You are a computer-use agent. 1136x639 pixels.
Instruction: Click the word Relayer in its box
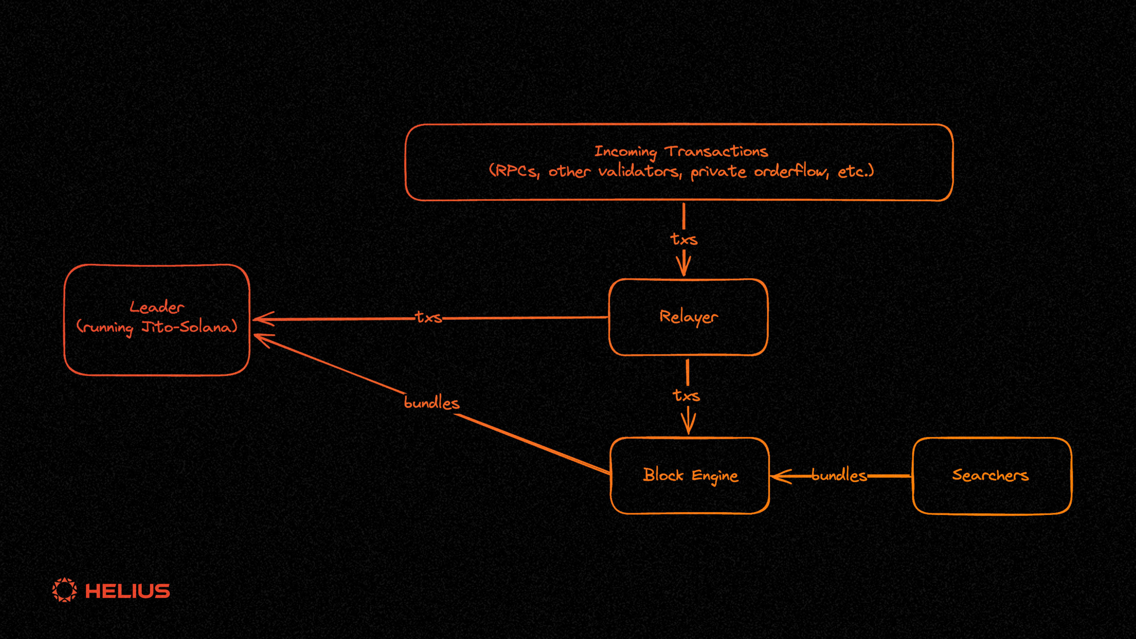(688, 317)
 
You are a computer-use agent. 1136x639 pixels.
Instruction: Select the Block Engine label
(690, 475)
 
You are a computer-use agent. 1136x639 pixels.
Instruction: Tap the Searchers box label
(990, 475)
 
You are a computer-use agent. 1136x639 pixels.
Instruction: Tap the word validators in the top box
(639, 171)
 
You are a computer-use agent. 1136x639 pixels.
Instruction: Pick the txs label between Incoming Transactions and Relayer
(684, 239)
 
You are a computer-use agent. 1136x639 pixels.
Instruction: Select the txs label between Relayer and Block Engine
(686, 395)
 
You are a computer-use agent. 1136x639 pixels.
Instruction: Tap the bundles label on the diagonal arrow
(431, 403)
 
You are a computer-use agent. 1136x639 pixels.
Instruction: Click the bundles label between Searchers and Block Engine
(839, 475)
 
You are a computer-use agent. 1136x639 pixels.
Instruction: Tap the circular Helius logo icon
(64, 590)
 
